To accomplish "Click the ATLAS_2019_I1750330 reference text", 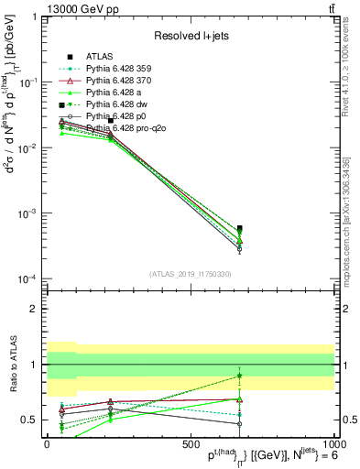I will (191, 274).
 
